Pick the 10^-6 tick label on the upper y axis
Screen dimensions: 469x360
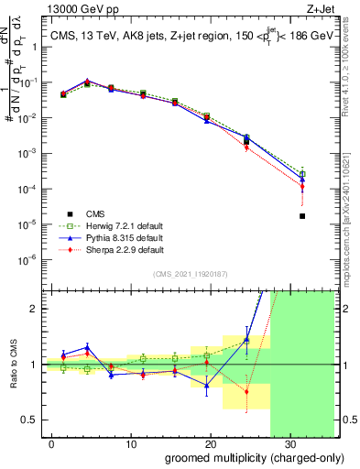point(33,259)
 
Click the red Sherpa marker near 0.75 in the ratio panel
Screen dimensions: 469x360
point(246,392)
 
